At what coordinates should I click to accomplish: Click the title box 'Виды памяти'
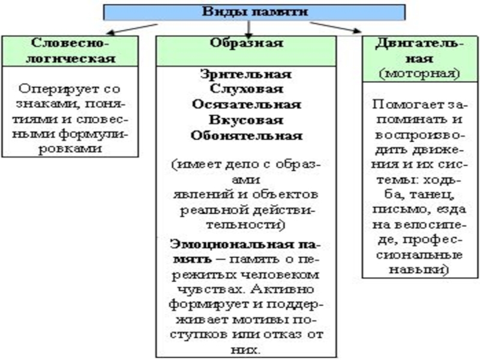(255, 11)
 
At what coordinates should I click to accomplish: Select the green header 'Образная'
(247, 43)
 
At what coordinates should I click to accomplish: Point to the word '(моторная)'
(419, 73)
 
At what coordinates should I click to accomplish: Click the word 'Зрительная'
(247, 74)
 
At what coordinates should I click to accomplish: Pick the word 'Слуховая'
(247, 89)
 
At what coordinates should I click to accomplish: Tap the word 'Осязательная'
(247, 104)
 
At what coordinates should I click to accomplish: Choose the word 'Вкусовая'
(247, 119)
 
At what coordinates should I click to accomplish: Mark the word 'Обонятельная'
(247, 134)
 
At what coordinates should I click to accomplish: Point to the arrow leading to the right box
(336, 26)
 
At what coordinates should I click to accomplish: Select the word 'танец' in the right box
(430, 194)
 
